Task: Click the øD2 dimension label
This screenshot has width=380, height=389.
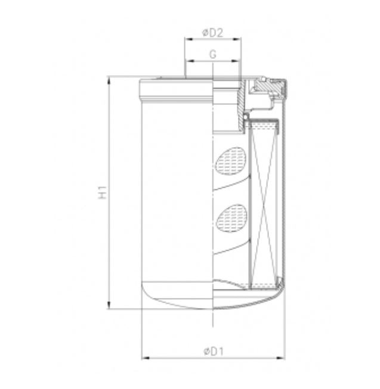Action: (x=212, y=33)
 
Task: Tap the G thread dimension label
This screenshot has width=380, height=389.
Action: (x=212, y=54)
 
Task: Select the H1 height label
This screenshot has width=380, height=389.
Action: (x=103, y=192)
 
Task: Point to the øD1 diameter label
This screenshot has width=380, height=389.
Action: (x=212, y=351)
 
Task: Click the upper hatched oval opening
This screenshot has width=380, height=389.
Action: (x=230, y=161)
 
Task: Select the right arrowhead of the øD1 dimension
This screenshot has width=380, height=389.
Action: (x=282, y=359)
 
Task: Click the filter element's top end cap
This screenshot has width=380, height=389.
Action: (x=264, y=125)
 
